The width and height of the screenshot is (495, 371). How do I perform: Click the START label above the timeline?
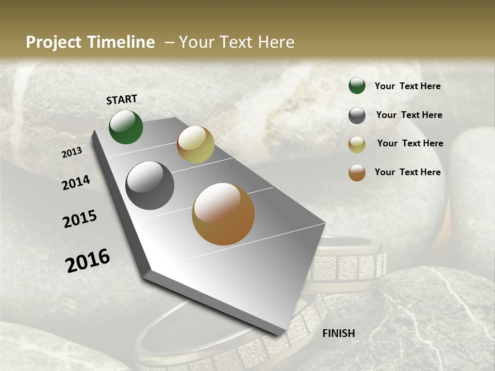tap(122, 99)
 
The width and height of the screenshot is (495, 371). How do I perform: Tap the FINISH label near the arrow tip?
tap(339, 333)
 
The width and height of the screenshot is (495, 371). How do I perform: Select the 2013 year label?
tap(72, 153)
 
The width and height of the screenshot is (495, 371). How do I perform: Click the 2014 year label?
tap(76, 182)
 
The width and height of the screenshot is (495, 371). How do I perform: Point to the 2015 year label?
tap(80, 219)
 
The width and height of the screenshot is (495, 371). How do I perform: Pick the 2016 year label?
tap(88, 261)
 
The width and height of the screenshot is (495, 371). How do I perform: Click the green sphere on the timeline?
tap(126, 127)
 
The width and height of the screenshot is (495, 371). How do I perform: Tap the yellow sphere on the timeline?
tap(195, 144)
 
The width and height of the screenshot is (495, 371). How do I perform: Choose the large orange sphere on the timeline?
tap(223, 214)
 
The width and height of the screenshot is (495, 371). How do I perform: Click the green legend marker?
tap(357, 86)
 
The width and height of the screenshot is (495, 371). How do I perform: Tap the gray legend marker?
tap(357, 115)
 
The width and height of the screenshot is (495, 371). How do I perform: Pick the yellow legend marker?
tap(357, 144)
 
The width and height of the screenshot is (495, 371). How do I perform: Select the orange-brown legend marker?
tap(357, 173)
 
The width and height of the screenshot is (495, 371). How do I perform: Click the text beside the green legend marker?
tap(407, 86)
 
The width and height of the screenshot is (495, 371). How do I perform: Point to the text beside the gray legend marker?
tap(409, 115)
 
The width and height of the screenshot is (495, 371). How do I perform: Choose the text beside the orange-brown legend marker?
tap(407, 172)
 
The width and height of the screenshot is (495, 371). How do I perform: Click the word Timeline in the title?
tap(122, 42)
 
